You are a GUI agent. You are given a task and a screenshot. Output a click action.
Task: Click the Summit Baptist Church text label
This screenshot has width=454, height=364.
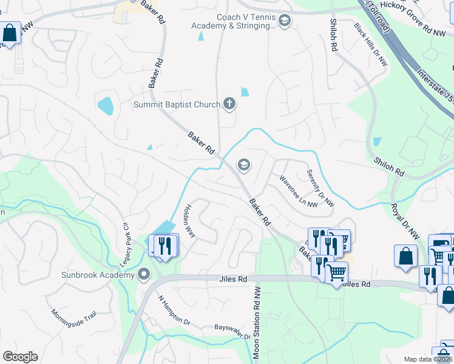click(177, 104)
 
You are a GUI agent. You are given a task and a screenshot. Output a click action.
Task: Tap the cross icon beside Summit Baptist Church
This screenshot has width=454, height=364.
click(229, 104)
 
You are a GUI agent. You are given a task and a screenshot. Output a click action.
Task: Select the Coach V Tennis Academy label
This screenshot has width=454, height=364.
click(233, 21)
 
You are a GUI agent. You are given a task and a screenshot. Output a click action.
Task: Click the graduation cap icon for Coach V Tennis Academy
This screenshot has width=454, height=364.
click(285, 21)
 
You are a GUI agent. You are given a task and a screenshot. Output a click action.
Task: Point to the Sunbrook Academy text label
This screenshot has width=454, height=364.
click(97, 275)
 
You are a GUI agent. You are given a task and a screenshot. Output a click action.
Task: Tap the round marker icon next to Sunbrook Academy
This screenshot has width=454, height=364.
click(144, 275)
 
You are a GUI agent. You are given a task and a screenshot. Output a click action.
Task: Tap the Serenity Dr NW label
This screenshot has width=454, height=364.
click(320, 186)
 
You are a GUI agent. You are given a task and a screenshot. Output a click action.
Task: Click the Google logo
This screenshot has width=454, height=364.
click(20, 357)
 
